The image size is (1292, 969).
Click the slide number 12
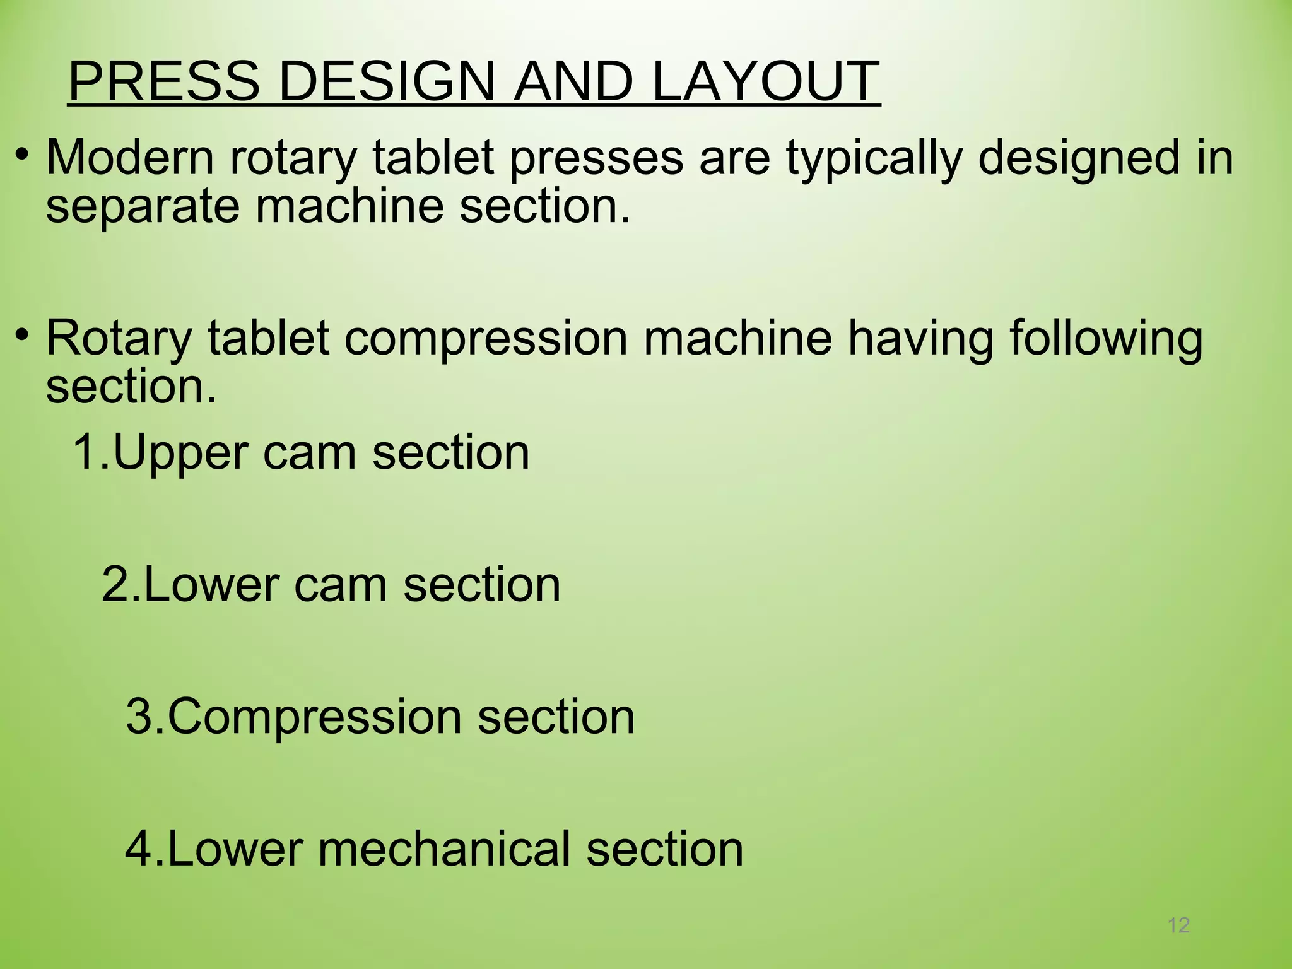tap(1178, 925)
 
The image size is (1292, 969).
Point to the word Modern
tap(130, 157)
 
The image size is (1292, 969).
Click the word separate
tap(143, 207)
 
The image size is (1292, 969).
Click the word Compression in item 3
tap(314, 717)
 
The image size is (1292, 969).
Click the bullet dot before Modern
tap(23, 154)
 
